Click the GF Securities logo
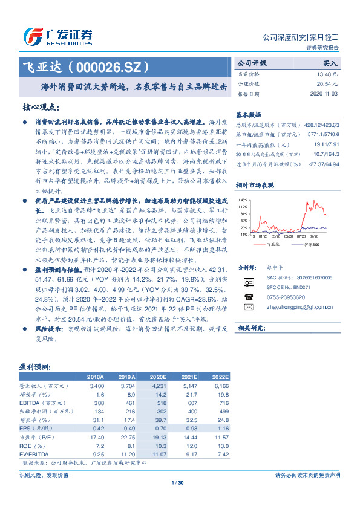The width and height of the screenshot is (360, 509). point(58,34)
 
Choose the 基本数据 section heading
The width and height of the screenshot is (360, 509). point(248,114)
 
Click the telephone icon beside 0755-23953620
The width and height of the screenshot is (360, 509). point(248,297)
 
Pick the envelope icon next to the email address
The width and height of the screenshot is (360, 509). point(248,306)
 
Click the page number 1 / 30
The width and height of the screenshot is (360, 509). point(177,481)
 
